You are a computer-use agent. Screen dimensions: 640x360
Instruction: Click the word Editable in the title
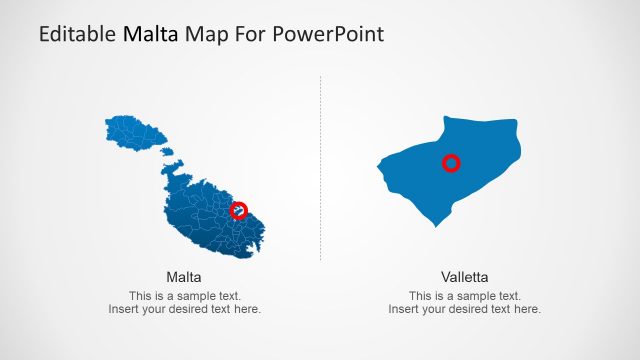(77, 33)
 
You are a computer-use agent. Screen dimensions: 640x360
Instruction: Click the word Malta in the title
(150, 33)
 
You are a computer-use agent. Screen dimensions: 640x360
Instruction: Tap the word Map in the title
(206, 34)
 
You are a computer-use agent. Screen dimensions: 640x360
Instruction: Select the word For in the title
(250, 33)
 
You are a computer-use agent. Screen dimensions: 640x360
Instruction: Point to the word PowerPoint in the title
(328, 33)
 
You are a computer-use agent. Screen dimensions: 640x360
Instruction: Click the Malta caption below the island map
(184, 278)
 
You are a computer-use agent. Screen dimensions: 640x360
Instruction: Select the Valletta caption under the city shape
(464, 278)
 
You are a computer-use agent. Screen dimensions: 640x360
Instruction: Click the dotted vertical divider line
(320, 168)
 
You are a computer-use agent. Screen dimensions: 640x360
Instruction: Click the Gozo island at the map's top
(135, 133)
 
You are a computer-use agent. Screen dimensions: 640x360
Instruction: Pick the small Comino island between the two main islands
(167, 152)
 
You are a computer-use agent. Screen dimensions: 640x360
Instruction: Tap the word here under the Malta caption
(247, 309)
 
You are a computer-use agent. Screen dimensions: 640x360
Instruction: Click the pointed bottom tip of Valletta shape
(436, 227)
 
